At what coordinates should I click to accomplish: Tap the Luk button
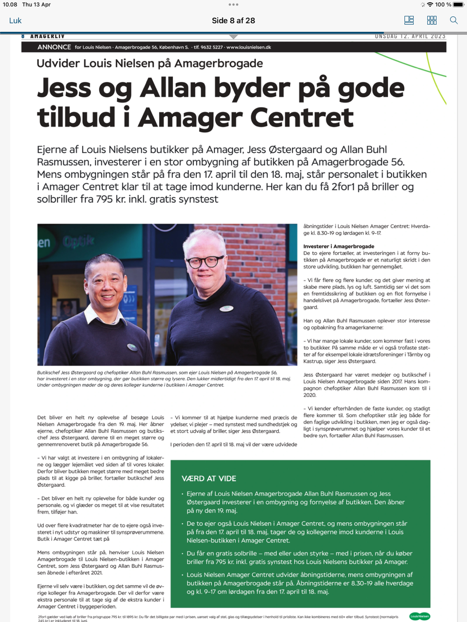point(15,21)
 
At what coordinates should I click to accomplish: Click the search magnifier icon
point(453,20)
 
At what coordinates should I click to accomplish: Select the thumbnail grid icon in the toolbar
point(432,20)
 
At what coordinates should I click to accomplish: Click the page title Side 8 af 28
point(233,21)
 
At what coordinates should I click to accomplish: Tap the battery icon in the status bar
point(459,5)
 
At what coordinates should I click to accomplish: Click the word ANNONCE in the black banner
point(54,47)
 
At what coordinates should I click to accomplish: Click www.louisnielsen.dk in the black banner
point(248,47)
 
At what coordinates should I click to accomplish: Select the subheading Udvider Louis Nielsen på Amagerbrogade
point(149,63)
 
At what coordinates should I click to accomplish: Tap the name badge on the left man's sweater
point(133,347)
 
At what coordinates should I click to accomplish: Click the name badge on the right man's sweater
point(226,308)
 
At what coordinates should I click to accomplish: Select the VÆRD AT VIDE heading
point(209,478)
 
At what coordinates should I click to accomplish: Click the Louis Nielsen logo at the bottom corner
point(419,616)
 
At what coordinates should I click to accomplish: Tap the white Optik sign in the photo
point(78,242)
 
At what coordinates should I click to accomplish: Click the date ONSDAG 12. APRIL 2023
point(410,36)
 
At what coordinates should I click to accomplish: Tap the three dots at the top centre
point(233,5)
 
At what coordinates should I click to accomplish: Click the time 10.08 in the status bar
point(10,5)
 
